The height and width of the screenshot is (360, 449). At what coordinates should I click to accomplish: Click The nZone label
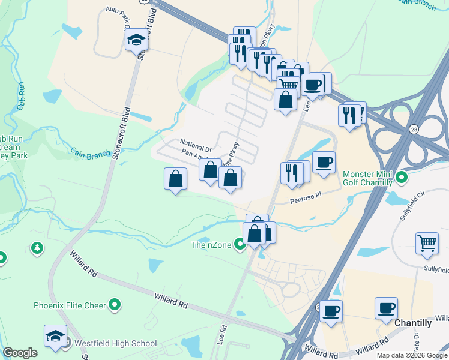(x=211, y=244)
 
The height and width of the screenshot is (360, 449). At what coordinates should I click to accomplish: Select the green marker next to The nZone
(x=240, y=244)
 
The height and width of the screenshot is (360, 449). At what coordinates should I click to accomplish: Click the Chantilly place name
(x=413, y=323)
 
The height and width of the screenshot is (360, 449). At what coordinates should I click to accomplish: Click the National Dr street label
(x=196, y=146)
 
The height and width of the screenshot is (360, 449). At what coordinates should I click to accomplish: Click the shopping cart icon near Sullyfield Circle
(x=427, y=244)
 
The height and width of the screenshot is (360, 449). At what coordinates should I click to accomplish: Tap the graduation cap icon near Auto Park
(x=136, y=40)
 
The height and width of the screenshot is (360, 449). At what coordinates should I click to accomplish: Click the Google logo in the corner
(x=20, y=353)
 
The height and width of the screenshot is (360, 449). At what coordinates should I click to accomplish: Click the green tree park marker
(x=37, y=247)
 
